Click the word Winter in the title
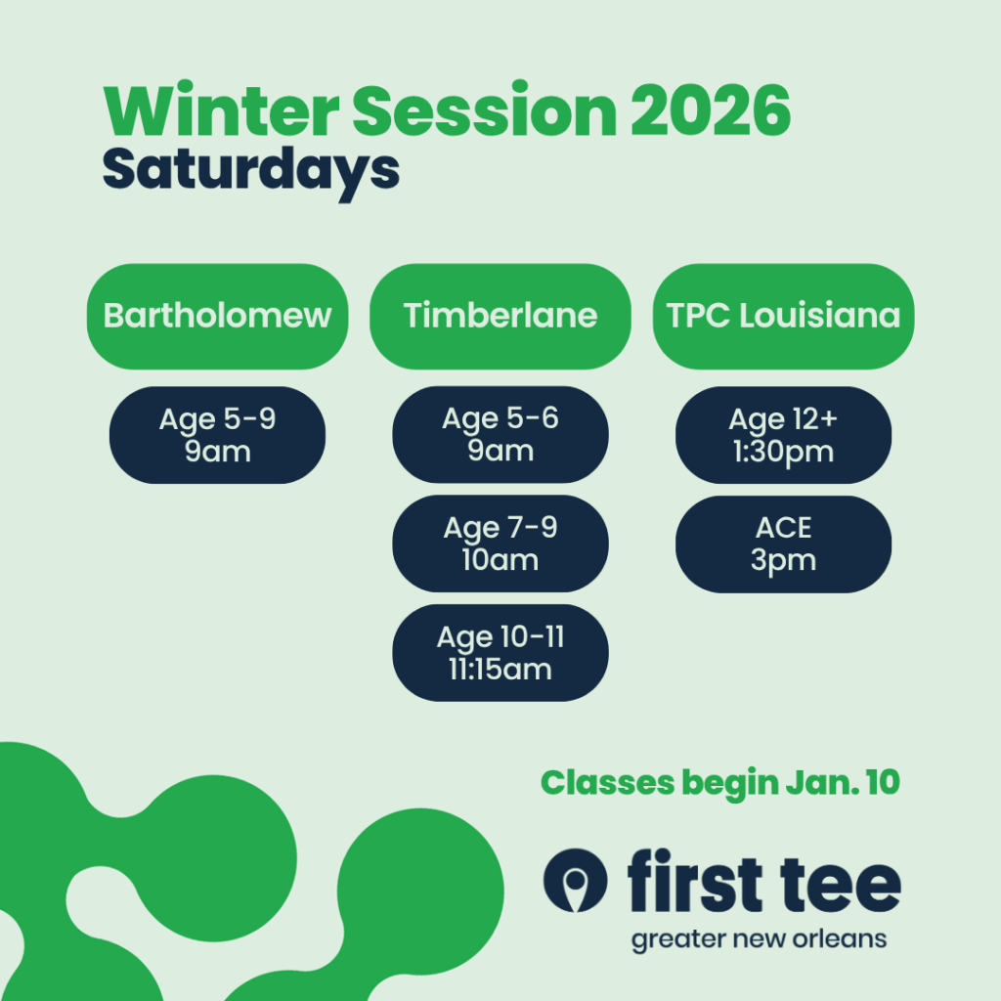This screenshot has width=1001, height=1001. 221,109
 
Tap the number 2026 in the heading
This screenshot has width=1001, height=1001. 712,110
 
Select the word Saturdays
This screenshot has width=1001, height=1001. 251,172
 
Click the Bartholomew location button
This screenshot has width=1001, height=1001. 218,317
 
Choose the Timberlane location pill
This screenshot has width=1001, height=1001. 500,317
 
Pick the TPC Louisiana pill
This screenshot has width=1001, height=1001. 783,317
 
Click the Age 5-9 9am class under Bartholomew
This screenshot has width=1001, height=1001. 218,435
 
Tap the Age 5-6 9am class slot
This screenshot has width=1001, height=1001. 500,435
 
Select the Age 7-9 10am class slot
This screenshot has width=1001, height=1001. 500,544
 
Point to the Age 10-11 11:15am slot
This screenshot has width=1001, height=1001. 500,653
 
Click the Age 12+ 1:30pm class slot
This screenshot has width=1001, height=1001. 783,435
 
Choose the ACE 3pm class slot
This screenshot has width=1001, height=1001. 783,544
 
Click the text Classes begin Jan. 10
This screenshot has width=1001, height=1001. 720,783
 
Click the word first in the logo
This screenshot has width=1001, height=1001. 695,880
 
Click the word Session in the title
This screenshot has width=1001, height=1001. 485,109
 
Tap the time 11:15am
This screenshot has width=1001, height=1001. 500,670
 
